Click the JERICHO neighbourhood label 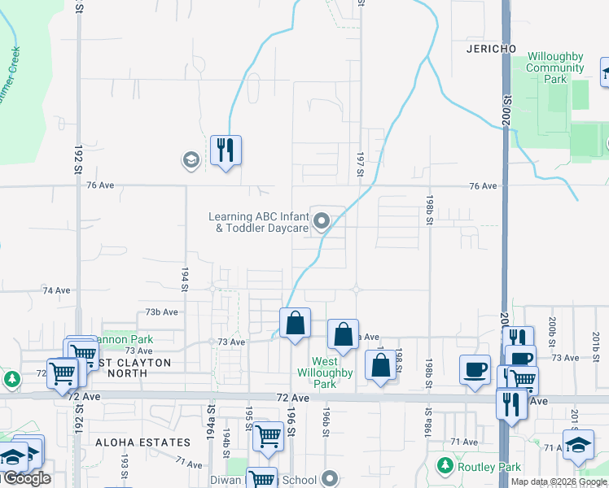(x=492, y=49)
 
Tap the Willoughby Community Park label (x=555, y=68)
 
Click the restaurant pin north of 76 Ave (x=226, y=150)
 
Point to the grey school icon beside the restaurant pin (x=191, y=159)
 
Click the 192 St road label (x=79, y=155)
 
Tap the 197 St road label (x=359, y=163)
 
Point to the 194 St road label (x=185, y=278)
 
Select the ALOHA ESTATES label (x=142, y=442)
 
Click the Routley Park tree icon (x=445, y=465)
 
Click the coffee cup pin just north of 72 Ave (x=475, y=369)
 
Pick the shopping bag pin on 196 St (x=295, y=323)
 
